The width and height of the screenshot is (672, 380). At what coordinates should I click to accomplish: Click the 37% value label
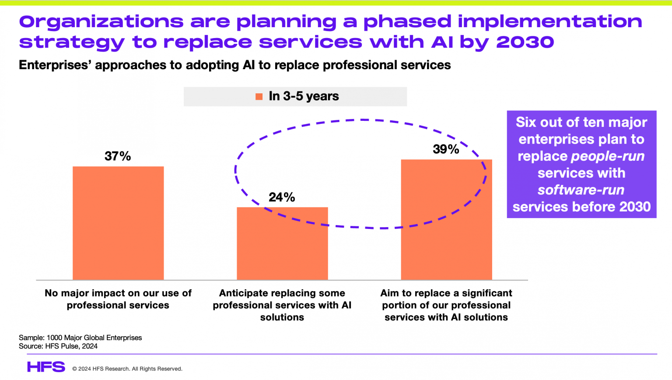118,156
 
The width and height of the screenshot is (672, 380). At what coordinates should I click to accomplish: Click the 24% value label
282,197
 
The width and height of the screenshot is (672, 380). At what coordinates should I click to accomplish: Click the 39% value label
446,149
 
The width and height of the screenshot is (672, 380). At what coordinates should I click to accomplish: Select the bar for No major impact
118,223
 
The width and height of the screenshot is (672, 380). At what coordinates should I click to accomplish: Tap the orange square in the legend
259,97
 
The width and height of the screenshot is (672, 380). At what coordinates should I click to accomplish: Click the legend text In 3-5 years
304,96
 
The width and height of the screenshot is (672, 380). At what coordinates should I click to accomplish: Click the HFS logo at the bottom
46,367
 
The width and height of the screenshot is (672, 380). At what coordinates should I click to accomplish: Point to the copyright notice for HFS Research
127,369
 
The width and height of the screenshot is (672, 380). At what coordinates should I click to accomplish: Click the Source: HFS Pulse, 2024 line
58,346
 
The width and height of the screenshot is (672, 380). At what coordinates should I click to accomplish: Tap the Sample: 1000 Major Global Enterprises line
80,338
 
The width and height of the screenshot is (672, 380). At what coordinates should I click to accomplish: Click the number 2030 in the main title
525,42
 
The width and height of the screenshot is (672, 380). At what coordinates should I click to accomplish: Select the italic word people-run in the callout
608,156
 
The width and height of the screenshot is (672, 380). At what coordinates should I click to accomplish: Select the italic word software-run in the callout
581,190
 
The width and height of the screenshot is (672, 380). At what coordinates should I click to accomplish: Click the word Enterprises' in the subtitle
55,65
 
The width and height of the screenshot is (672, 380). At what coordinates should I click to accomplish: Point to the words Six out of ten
553,122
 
